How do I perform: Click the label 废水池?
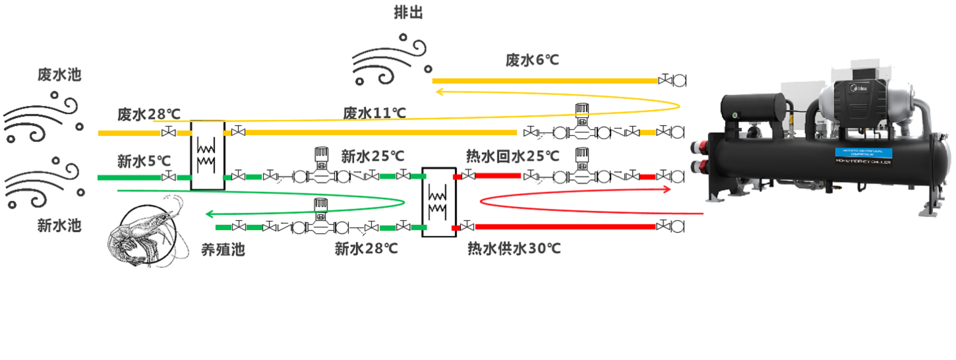point(59,75)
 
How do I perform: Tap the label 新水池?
point(59,225)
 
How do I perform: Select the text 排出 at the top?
point(409,13)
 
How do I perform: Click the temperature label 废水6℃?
point(532,60)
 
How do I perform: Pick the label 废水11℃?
point(374,113)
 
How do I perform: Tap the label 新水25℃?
point(373,156)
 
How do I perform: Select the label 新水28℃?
point(367,249)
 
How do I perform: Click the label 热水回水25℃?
point(512,156)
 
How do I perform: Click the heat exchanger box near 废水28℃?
point(208,155)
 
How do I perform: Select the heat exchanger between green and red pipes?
point(439,201)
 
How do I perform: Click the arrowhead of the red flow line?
point(669,189)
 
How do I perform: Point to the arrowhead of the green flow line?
point(209,214)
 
